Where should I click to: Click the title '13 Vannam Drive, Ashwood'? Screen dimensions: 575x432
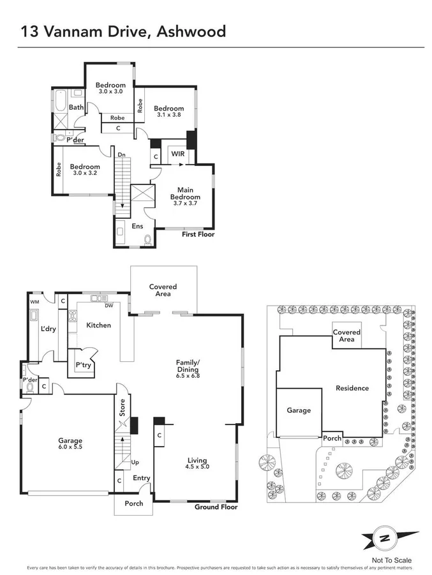click(x=123, y=31)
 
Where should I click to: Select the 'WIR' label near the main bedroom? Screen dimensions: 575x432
click(x=177, y=154)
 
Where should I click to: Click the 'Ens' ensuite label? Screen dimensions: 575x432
click(x=137, y=226)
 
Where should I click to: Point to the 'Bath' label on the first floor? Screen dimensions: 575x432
click(x=76, y=107)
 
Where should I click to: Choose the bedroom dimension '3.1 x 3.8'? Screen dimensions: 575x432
click(x=169, y=116)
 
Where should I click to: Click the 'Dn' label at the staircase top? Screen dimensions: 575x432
click(x=121, y=154)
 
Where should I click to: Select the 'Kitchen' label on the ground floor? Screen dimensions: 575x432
click(x=99, y=325)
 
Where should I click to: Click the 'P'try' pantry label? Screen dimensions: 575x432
click(x=84, y=365)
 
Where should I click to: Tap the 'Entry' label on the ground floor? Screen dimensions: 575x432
click(x=142, y=477)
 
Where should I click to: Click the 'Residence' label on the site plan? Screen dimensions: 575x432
click(x=352, y=388)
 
